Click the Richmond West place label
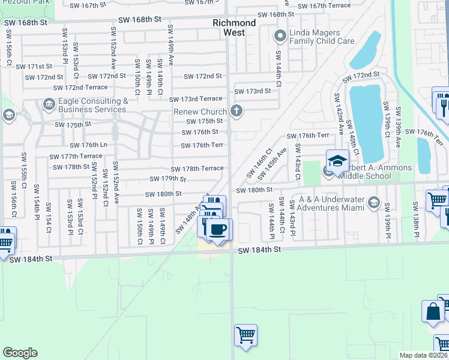[234, 28]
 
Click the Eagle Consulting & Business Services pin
[49, 106]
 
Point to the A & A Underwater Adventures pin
[375, 203]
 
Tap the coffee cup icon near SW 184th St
[219, 229]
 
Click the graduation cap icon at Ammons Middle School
[337, 160]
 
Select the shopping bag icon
[433, 311]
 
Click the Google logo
[20, 353]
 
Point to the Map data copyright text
[424, 355]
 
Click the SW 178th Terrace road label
[197, 169]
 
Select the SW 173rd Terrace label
[196, 99]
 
